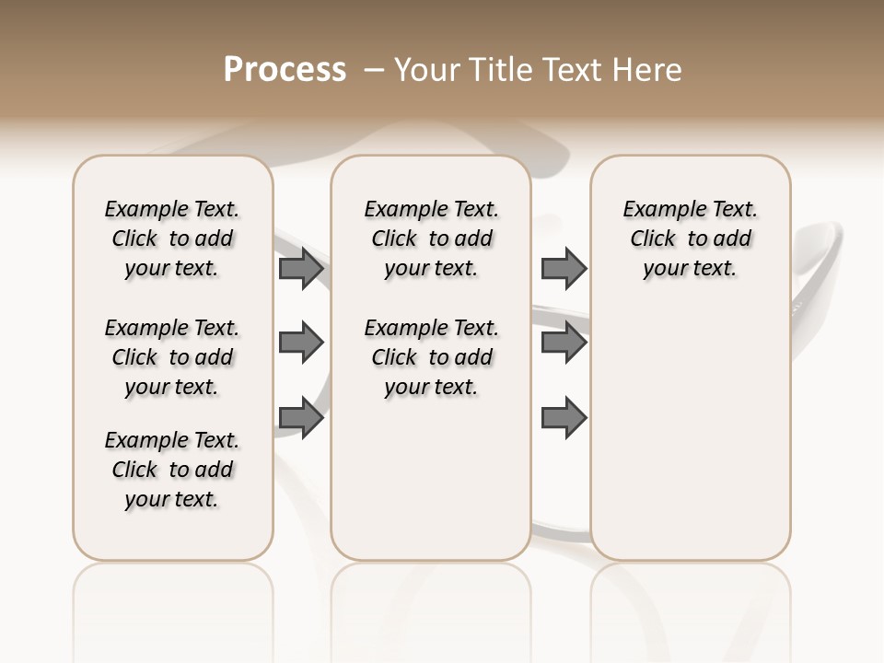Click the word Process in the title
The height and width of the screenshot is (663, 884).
point(285,70)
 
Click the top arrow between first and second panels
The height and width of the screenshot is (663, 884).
point(301,269)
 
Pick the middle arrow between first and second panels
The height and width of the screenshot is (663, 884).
point(301,343)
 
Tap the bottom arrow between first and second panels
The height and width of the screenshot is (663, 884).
point(301,418)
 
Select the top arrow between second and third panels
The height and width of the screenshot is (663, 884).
point(564,269)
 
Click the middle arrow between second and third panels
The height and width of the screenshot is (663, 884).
point(564,343)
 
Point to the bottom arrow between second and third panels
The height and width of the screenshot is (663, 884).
point(564,418)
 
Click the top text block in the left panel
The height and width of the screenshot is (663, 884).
point(172,238)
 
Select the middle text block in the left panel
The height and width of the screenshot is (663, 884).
point(172,357)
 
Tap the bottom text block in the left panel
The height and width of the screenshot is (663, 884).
point(172,470)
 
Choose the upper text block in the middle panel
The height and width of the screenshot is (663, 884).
point(431,238)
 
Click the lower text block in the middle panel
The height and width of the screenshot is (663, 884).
point(431,357)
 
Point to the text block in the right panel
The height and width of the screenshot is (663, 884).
point(690,238)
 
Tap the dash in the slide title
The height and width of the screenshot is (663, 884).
point(374,70)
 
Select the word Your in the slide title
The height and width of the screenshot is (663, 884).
point(425,70)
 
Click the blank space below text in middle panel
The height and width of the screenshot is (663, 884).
point(431,479)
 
